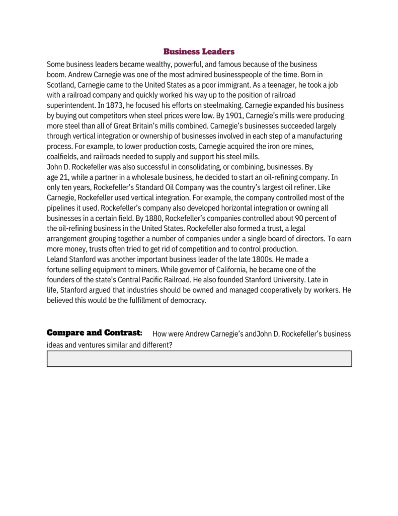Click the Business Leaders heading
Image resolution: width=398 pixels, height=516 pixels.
click(199, 52)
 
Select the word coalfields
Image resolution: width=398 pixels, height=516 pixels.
click(61, 156)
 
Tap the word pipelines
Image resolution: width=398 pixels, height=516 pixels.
click(62, 208)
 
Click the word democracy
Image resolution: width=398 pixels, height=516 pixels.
click(190, 300)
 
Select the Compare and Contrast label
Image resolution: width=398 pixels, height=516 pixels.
click(94, 333)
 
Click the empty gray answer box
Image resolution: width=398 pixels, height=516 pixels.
click(199, 359)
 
